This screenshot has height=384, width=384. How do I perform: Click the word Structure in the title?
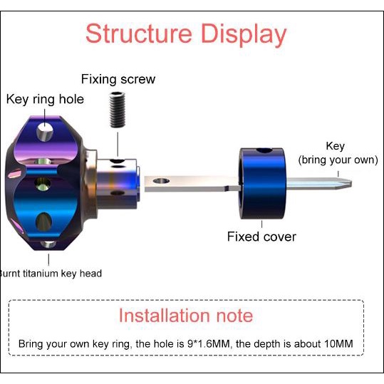click(139, 33)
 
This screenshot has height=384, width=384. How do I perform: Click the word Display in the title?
click(244, 35)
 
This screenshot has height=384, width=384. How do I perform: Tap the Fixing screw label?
click(118, 79)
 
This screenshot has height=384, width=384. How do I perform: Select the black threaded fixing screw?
click(118, 110)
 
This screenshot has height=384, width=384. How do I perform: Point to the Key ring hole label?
click(45, 100)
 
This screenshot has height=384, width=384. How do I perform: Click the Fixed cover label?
click(261, 237)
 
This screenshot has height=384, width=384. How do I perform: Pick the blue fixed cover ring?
click(262, 183)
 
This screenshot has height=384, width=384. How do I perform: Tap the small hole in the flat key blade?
click(161, 181)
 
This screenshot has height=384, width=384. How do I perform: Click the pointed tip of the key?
click(352, 184)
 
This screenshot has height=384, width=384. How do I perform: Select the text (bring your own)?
click(338, 160)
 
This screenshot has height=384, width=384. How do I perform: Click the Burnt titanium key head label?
click(51, 274)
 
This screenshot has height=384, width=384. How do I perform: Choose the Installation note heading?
click(186, 316)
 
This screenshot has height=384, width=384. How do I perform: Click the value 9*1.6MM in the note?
click(209, 343)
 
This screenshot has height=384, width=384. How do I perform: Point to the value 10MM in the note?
click(338, 343)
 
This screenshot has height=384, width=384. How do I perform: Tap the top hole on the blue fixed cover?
click(264, 150)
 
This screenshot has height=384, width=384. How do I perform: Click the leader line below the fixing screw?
click(118, 145)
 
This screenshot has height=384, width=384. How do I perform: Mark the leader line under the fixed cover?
click(261, 224)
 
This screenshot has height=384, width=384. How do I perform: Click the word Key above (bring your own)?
click(336, 147)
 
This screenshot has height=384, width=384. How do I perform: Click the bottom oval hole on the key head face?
click(43, 222)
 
